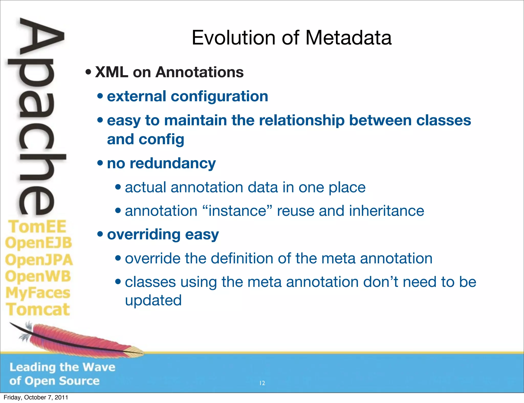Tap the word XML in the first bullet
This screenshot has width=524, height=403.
(112, 72)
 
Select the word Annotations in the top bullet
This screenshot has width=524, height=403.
(200, 72)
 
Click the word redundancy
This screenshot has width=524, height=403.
(173, 163)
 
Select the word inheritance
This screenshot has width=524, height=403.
(386, 211)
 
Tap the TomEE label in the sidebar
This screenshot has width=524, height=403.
(37, 227)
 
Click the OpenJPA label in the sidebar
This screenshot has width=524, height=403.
(39, 260)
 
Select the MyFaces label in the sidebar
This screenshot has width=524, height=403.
(38, 293)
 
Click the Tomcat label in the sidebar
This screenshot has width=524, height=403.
(38, 309)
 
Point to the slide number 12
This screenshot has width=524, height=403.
(262, 383)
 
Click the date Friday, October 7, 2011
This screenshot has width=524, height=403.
(36, 397)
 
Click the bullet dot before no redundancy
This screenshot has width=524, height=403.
(100, 163)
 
